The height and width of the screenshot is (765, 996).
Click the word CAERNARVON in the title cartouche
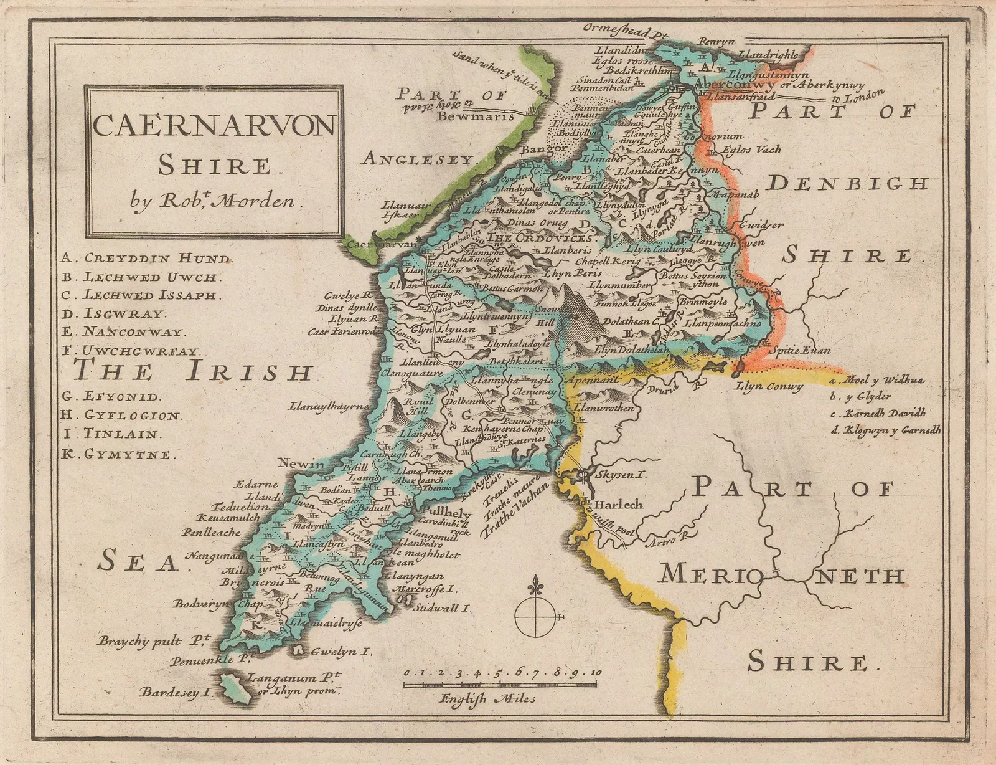214,126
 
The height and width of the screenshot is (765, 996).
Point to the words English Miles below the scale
487,698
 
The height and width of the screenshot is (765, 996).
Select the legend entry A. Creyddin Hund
146,258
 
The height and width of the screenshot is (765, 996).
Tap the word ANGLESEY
417,160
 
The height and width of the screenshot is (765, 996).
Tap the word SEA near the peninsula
138,562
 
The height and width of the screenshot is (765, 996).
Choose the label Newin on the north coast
301,464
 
